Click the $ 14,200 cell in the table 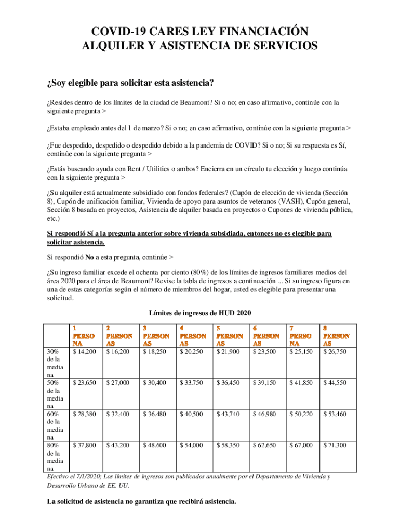(x=84, y=352)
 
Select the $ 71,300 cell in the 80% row (x=335, y=445)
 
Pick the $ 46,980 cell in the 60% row (x=264, y=414)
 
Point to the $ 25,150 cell (x=301, y=352)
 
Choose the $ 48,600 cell (x=154, y=445)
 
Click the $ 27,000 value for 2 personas (x=118, y=383)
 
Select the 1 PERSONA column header (x=83, y=336)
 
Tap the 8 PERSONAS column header (x=336, y=336)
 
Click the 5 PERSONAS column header (x=229, y=336)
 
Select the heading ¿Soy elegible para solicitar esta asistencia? (x=130, y=83)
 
